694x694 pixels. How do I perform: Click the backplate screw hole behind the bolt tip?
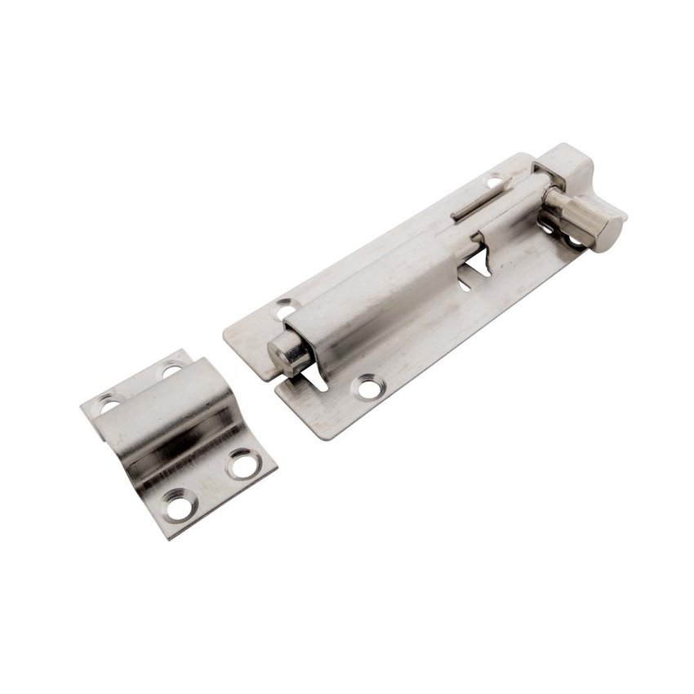point(284,310)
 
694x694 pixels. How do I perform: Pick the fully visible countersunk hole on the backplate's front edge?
point(367,385)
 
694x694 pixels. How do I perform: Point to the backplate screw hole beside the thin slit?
point(495,181)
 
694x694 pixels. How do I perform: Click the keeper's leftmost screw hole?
point(109,402)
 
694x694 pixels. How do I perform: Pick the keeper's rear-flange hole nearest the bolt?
point(171,370)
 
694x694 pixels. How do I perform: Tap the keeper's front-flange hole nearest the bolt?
point(242,463)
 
